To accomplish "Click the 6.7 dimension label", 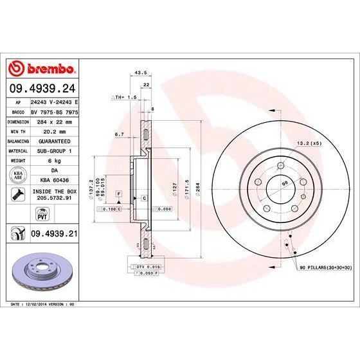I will coord(118,134).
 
